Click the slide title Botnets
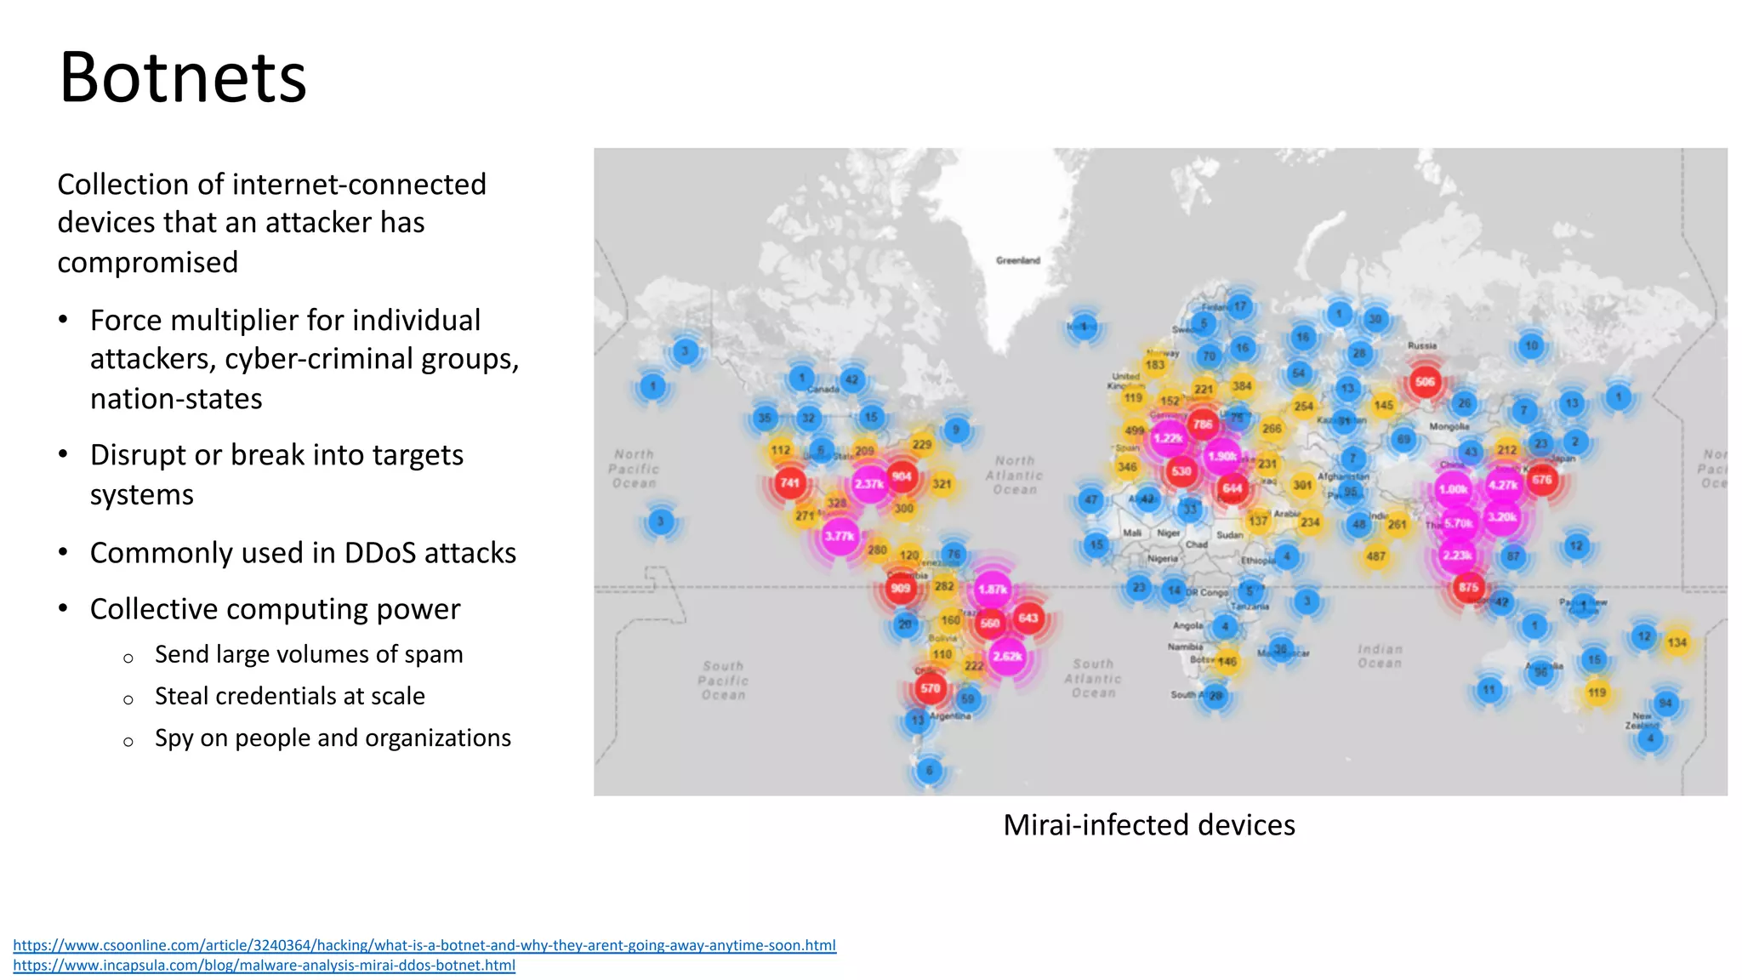coord(183,78)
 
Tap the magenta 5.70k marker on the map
coord(1458,523)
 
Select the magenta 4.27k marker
coord(1503,485)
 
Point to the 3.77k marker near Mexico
coord(840,536)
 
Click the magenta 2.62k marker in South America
coord(1007,657)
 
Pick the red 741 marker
coord(790,483)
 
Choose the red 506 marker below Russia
coord(1425,382)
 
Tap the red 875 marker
coord(1468,587)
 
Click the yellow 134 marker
coord(1677,642)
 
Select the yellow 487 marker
coord(1375,556)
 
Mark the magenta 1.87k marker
coord(992,589)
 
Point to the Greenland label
coord(1018,260)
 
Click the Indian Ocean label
coord(1380,656)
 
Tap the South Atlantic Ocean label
coord(1093,678)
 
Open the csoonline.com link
coord(424,945)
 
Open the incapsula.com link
coord(264,966)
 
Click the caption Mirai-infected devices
coord(1148,825)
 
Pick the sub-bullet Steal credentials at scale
coord(289,696)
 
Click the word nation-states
coord(176,398)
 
